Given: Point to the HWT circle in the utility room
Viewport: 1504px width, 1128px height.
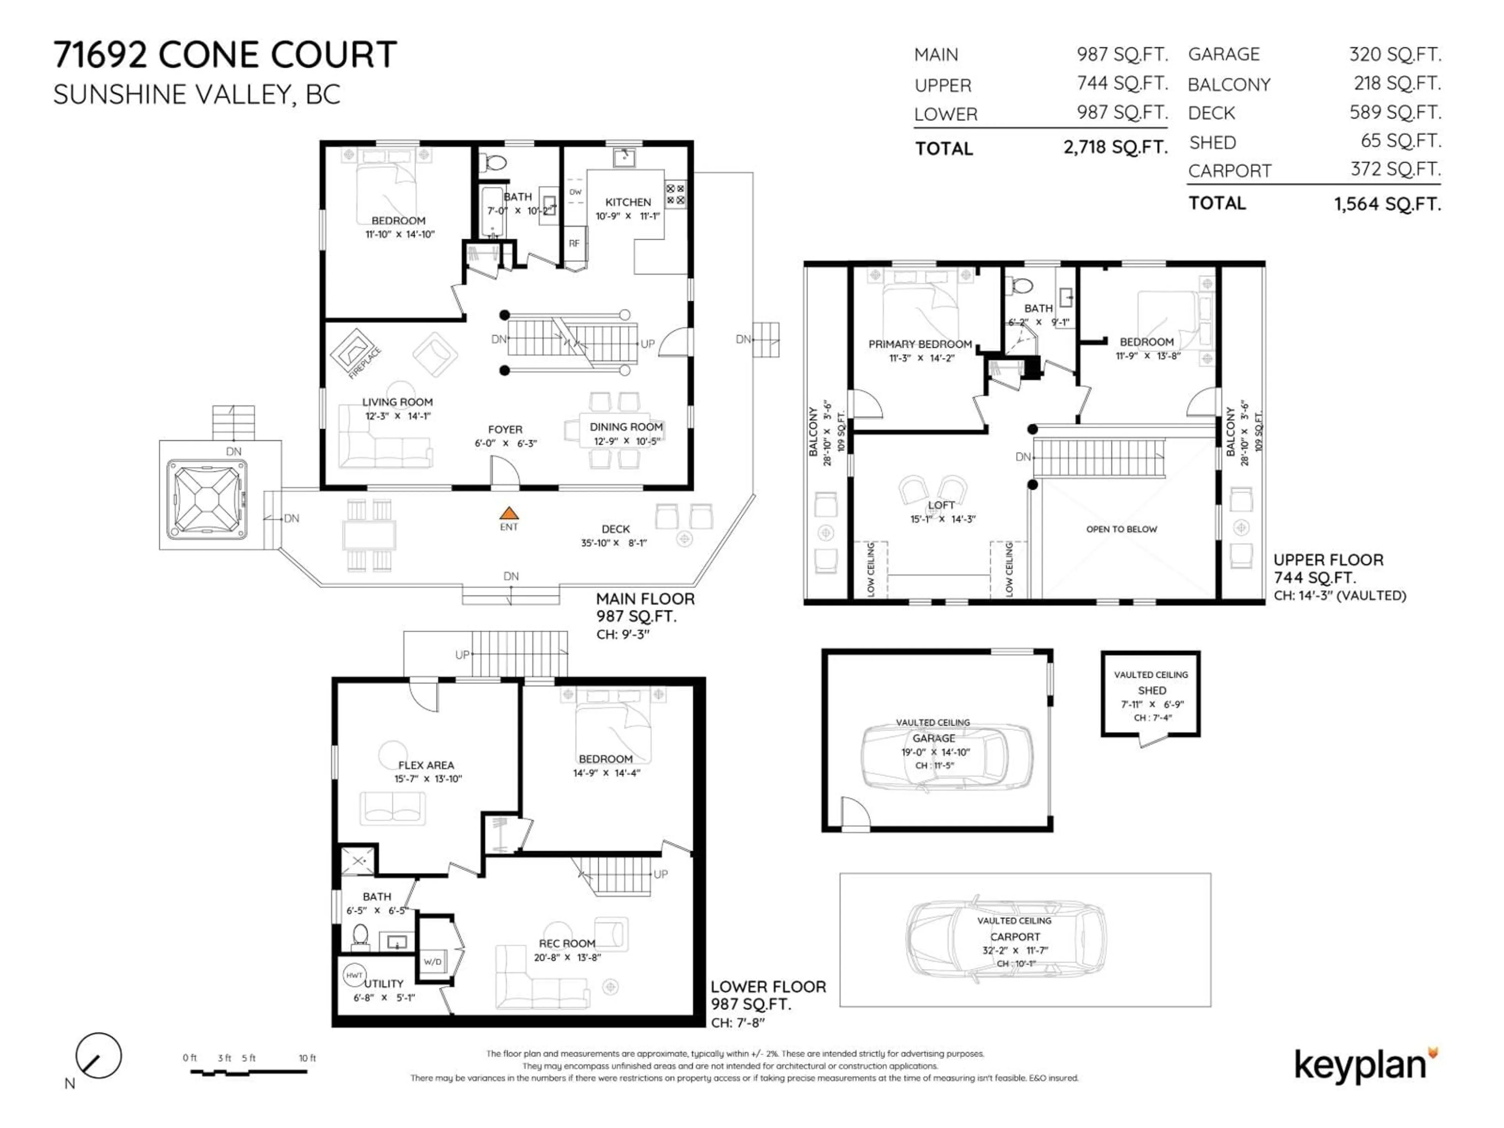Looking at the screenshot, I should [354, 974].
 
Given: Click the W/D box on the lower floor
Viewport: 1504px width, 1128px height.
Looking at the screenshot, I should [432, 962].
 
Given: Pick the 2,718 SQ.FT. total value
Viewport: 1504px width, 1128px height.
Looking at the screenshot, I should [1115, 147].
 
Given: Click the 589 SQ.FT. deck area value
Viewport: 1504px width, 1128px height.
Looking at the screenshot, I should [1395, 112].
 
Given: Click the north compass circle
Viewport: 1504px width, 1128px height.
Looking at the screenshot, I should [99, 1056].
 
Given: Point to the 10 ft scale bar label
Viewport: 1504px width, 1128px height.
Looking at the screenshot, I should [307, 1058].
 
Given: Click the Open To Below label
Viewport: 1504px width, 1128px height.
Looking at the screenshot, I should [1121, 529].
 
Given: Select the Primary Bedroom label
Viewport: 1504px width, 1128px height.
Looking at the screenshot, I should [920, 344].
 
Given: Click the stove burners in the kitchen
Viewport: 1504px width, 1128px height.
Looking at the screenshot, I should [675, 194].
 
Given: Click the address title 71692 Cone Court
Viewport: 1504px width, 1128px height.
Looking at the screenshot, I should [225, 54].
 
